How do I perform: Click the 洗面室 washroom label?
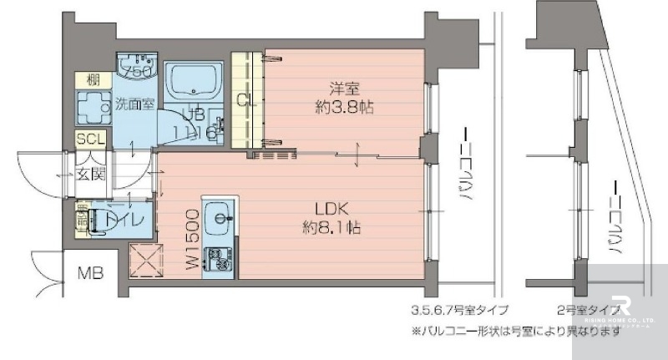pos(134,105)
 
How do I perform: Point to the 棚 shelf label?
pos(88,80)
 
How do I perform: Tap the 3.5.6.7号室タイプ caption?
pos(458,309)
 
